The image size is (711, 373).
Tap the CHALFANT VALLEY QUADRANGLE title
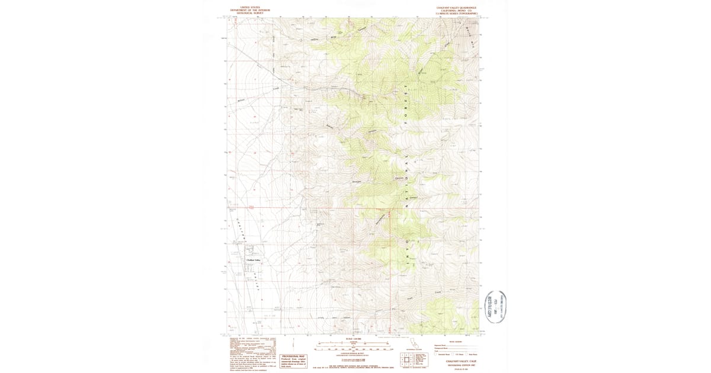pos(456,8)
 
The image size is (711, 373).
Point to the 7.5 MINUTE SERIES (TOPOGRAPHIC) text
pos(456,13)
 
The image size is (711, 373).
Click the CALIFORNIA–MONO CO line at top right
pos(456,11)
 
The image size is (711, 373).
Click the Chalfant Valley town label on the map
pos(253,260)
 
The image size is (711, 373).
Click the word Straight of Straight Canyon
pos(357,181)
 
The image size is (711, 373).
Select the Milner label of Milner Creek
pos(241,101)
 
